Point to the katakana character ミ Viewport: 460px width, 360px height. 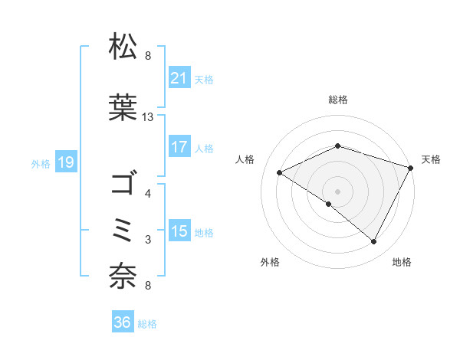[x=124, y=230]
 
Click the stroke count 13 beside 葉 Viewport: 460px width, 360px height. [x=148, y=117]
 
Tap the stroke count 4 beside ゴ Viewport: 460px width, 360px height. [x=148, y=194]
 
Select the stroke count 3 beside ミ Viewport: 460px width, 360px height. [x=148, y=240]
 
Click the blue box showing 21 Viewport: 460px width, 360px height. [x=179, y=78]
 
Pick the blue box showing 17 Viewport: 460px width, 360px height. [x=179, y=147]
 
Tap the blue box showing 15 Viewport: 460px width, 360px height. [x=179, y=232]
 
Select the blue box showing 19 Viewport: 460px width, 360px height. [x=65, y=162]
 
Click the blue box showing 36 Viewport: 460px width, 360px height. [x=123, y=323]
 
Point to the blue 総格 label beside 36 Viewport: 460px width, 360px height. [x=147, y=324]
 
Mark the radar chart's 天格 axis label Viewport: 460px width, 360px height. [x=431, y=159]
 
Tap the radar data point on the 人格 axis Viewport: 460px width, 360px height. [x=280, y=173]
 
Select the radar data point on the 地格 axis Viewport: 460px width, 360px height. [x=374, y=242]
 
